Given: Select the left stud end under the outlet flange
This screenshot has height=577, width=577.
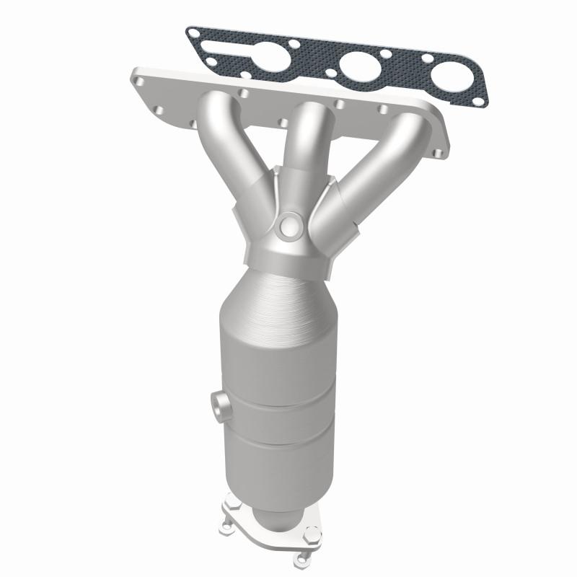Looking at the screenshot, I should point(234,532).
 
